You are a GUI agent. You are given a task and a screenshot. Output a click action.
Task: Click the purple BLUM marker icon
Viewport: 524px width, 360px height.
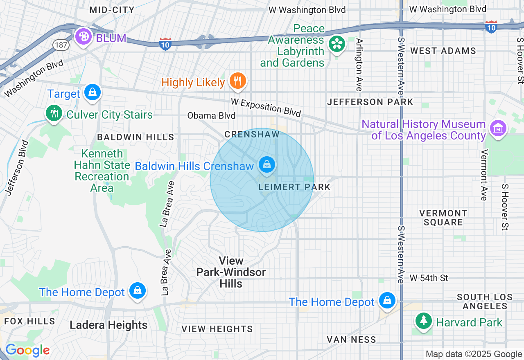pos(84,37)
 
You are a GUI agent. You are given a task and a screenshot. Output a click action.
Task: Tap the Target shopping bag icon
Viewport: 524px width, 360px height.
pos(93,92)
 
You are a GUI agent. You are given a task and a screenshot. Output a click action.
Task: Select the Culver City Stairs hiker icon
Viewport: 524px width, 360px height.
pos(54,113)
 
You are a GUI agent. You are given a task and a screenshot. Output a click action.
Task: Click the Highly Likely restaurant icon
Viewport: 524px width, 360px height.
pos(237,81)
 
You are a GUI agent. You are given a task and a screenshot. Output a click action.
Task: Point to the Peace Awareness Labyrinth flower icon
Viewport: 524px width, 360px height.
pos(337,44)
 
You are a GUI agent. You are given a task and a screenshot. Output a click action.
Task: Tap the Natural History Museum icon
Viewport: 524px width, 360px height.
pos(498,128)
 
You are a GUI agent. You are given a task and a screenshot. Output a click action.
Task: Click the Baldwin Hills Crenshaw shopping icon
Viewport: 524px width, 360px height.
pos(267,165)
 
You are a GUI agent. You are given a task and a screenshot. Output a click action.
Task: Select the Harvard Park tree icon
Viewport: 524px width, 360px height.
pos(423,321)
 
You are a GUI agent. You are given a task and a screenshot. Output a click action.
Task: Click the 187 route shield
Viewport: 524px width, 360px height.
pos(61,45)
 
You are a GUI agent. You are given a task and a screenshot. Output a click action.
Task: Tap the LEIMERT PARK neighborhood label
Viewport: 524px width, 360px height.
pos(294,187)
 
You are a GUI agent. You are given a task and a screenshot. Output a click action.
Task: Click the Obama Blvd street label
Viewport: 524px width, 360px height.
pos(211,116)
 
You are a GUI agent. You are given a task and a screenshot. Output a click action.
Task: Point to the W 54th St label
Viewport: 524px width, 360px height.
pos(429,278)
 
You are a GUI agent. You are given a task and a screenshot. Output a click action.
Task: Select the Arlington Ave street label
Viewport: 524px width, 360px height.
pos(359,65)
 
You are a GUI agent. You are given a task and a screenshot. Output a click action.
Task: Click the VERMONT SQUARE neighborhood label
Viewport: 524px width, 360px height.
pos(443,218)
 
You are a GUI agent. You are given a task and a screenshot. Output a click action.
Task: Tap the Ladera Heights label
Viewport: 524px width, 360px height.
pos(108,325)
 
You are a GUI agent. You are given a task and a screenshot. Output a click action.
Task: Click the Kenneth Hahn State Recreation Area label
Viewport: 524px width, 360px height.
pos(102,171)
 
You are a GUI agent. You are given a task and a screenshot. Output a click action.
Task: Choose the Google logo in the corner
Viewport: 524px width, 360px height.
pos(27,351)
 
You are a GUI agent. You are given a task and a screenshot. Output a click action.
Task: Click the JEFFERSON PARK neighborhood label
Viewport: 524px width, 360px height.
pos(370,102)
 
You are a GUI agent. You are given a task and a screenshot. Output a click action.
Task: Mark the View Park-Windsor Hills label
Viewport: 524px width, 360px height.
pos(231,272)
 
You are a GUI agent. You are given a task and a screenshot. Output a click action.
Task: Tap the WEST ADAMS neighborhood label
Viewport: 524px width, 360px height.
pos(443,51)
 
